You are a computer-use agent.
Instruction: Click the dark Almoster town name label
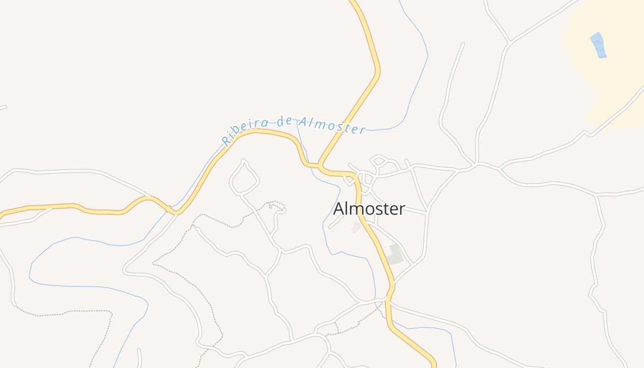pyautogui.click(x=369, y=209)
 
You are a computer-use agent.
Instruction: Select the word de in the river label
pyautogui.click(x=285, y=121)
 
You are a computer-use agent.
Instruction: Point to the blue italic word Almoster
pyautogui.click(x=332, y=125)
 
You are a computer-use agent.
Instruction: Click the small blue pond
pyautogui.click(x=598, y=45)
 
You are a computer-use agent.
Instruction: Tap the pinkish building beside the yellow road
pyautogui.click(x=356, y=227)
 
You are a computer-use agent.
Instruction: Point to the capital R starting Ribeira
pyautogui.click(x=226, y=140)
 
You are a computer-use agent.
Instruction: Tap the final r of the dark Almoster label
pyautogui.click(x=402, y=210)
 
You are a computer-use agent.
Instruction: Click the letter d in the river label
pyautogui.click(x=281, y=122)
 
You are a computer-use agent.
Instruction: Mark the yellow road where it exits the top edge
pyautogui.click(x=354, y=2)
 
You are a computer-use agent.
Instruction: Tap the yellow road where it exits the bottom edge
pyautogui.click(x=434, y=365)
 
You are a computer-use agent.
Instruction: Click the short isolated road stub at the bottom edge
pyautogui.click(x=139, y=358)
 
